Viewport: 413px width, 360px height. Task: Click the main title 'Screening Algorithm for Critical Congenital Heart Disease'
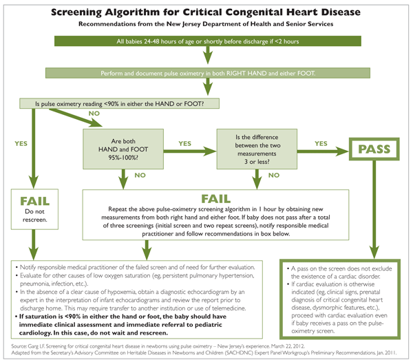(x=206, y=12)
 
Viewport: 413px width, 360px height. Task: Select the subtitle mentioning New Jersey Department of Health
(x=206, y=25)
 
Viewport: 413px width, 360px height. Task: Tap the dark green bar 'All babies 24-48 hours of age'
(x=206, y=43)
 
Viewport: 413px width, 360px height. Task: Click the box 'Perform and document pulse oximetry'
(x=206, y=72)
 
